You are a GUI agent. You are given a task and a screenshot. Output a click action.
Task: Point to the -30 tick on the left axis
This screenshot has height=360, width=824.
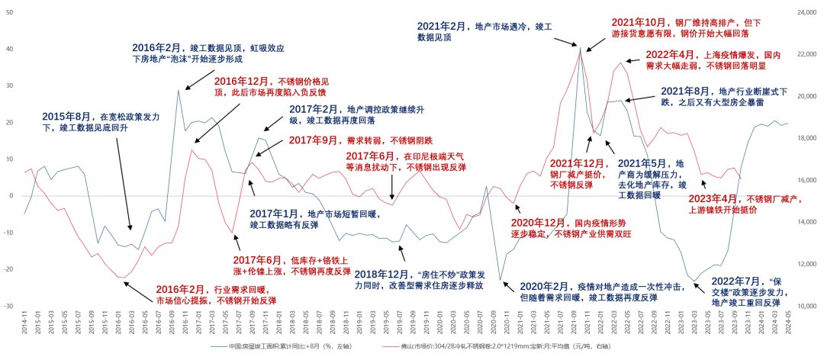(9, 306)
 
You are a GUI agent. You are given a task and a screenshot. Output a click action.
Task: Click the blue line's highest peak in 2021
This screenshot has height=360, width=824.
(580, 49)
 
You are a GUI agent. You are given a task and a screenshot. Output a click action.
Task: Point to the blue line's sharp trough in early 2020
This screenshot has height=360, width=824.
(501, 281)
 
